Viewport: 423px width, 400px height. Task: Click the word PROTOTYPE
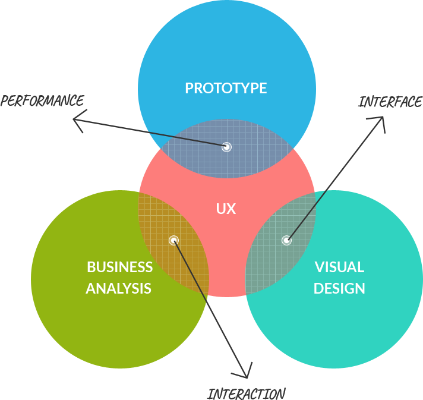click(226, 89)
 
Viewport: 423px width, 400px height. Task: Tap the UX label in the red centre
click(226, 209)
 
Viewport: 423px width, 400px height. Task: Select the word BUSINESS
click(119, 267)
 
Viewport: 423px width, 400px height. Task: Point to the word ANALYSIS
click(118, 289)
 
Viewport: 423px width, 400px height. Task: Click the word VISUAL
click(339, 267)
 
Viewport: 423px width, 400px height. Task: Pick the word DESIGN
click(339, 289)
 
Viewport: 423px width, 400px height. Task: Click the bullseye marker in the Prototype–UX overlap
click(226, 147)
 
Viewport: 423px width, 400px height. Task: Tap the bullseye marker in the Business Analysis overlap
click(173, 240)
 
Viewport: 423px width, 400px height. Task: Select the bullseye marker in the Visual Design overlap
click(287, 240)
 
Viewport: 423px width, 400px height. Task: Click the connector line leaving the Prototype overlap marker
click(184, 138)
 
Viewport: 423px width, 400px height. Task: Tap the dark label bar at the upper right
click(390, 102)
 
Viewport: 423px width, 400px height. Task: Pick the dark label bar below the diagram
click(246, 393)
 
